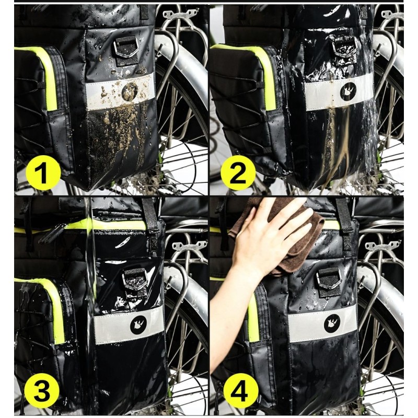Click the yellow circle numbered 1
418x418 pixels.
[x=43, y=172]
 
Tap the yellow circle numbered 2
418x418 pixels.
[x=238, y=172]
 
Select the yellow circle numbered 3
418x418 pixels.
[x=42, y=391]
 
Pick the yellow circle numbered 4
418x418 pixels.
[x=240, y=391]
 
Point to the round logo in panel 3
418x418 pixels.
[x=138, y=324]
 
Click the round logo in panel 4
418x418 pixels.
[x=332, y=323]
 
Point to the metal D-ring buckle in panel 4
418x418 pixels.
[x=329, y=280]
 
